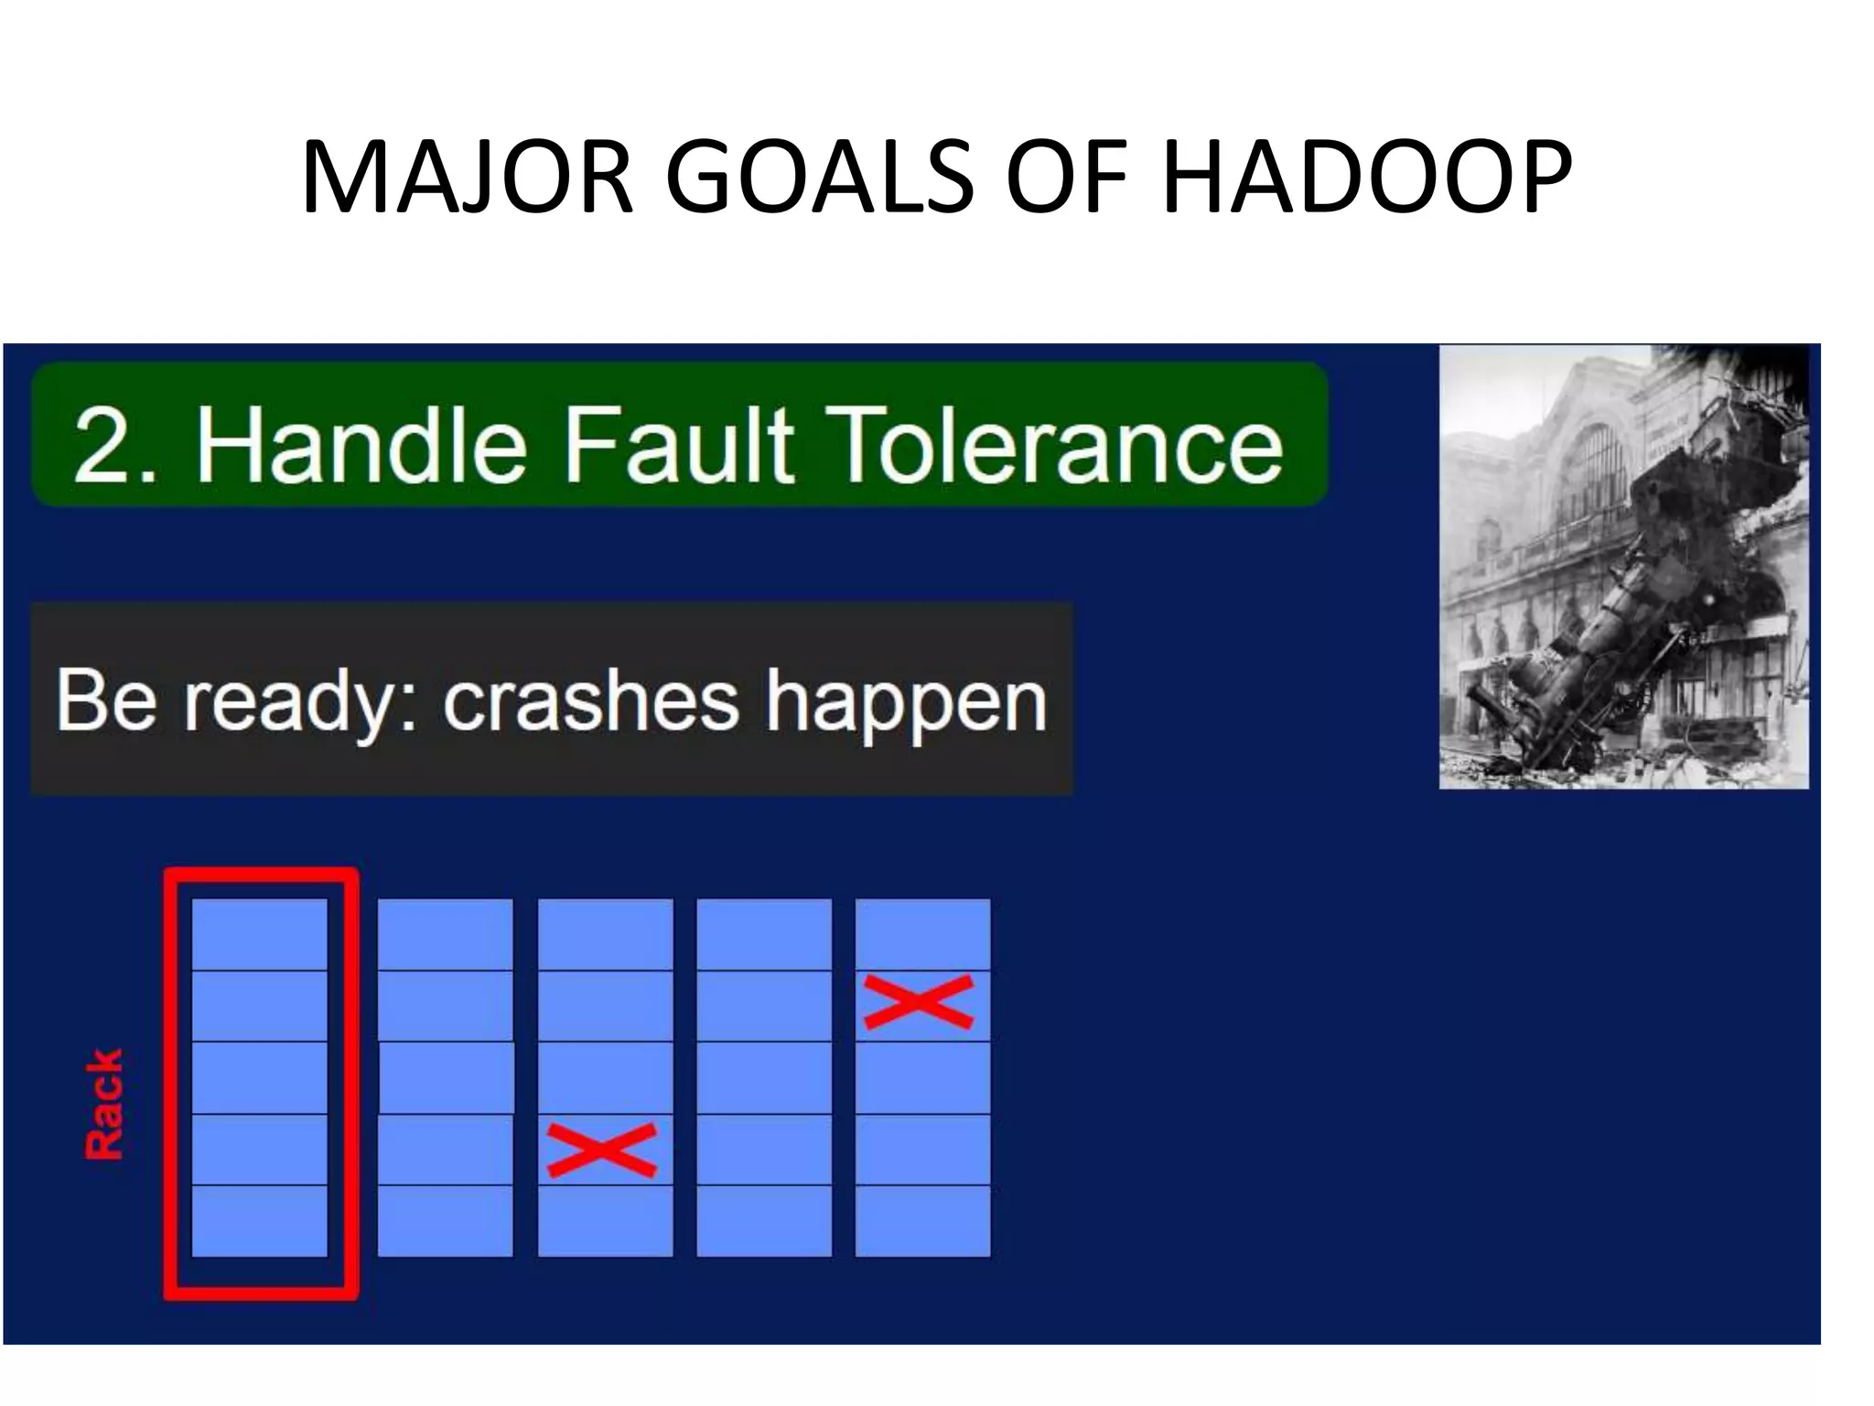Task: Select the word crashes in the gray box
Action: [x=590, y=700]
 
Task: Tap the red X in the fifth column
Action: [x=918, y=1001]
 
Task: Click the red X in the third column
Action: [x=601, y=1150]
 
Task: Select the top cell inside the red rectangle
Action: [x=260, y=934]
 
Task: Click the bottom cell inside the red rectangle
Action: [x=260, y=1221]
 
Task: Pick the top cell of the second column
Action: [x=446, y=934]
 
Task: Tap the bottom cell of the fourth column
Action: [x=764, y=1221]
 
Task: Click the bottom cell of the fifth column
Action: [x=922, y=1221]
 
